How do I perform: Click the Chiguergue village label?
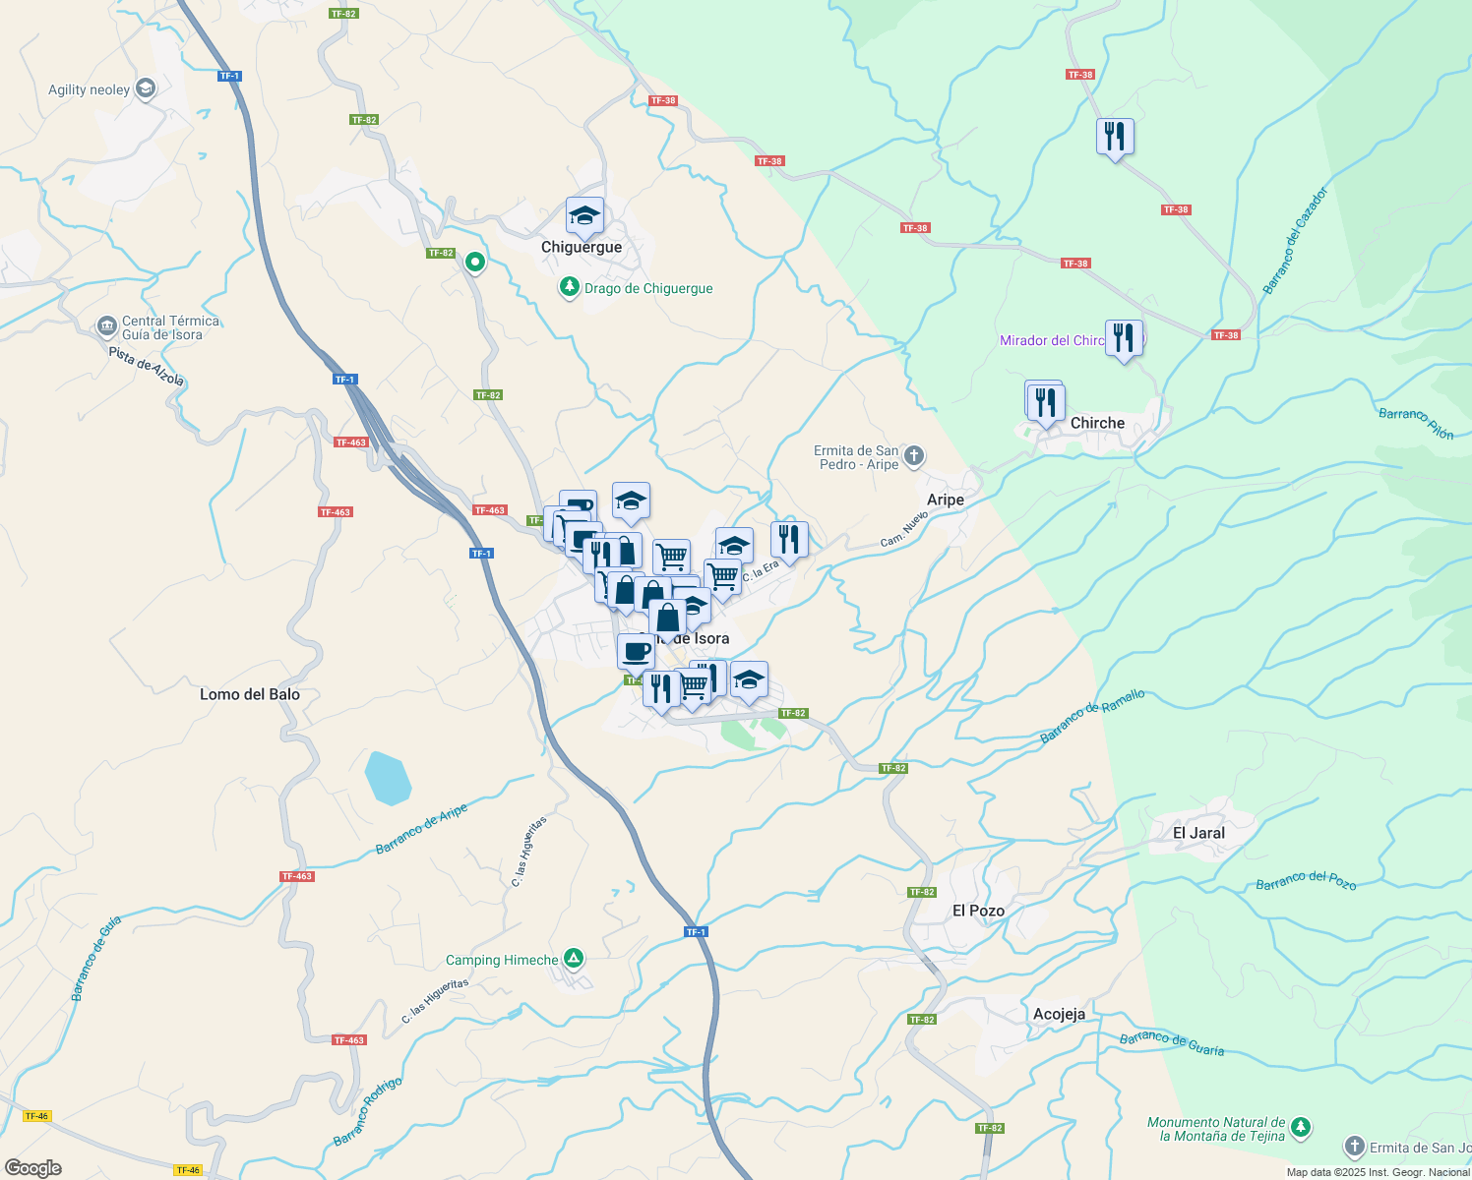tap(582, 248)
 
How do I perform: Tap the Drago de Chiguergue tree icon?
tap(569, 287)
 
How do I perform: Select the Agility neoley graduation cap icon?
tap(146, 89)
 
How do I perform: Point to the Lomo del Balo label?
tap(250, 694)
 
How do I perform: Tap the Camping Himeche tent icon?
tap(574, 959)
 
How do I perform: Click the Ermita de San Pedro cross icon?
tap(914, 455)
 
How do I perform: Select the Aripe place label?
tap(946, 500)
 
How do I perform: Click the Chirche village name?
tap(1097, 423)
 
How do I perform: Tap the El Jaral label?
tap(1198, 833)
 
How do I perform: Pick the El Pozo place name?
tap(978, 911)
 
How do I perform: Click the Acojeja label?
tap(1059, 1014)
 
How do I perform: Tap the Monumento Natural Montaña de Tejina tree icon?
tap(1301, 1127)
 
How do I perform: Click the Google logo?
tap(32, 1167)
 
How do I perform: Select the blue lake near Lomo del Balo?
tap(388, 778)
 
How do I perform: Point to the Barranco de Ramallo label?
tap(1092, 716)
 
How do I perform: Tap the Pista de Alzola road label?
tap(147, 367)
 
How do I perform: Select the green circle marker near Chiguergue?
tap(475, 263)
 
